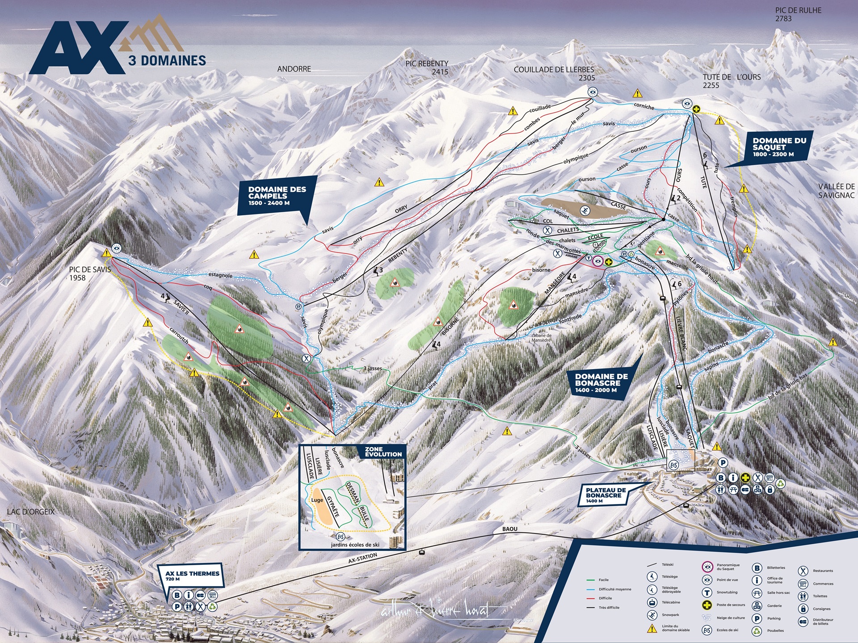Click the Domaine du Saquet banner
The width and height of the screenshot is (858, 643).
pos(779,147)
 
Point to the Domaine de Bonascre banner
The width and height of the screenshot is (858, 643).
pos(601,383)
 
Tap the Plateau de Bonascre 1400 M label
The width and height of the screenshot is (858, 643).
pos(606,495)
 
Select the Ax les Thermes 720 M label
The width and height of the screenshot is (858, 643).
pos(192,576)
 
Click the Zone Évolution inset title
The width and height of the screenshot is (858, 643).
pos(383,451)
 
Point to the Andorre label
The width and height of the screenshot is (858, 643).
pos(294,69)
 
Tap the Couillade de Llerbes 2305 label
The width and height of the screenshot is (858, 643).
pos(554,73)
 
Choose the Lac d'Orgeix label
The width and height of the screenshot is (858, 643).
pos(30,511)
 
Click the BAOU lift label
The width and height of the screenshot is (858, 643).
pos(509,529)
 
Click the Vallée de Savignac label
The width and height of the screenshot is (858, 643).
pos(836,191)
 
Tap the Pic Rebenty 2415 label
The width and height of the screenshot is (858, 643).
pos(427,67)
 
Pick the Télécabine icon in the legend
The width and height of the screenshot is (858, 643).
pos(653,602)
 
